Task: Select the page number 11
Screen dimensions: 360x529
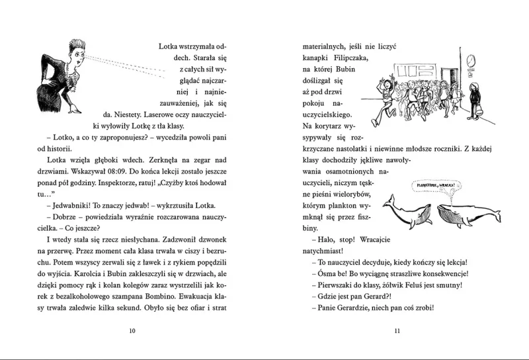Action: (x=397, y=331)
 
